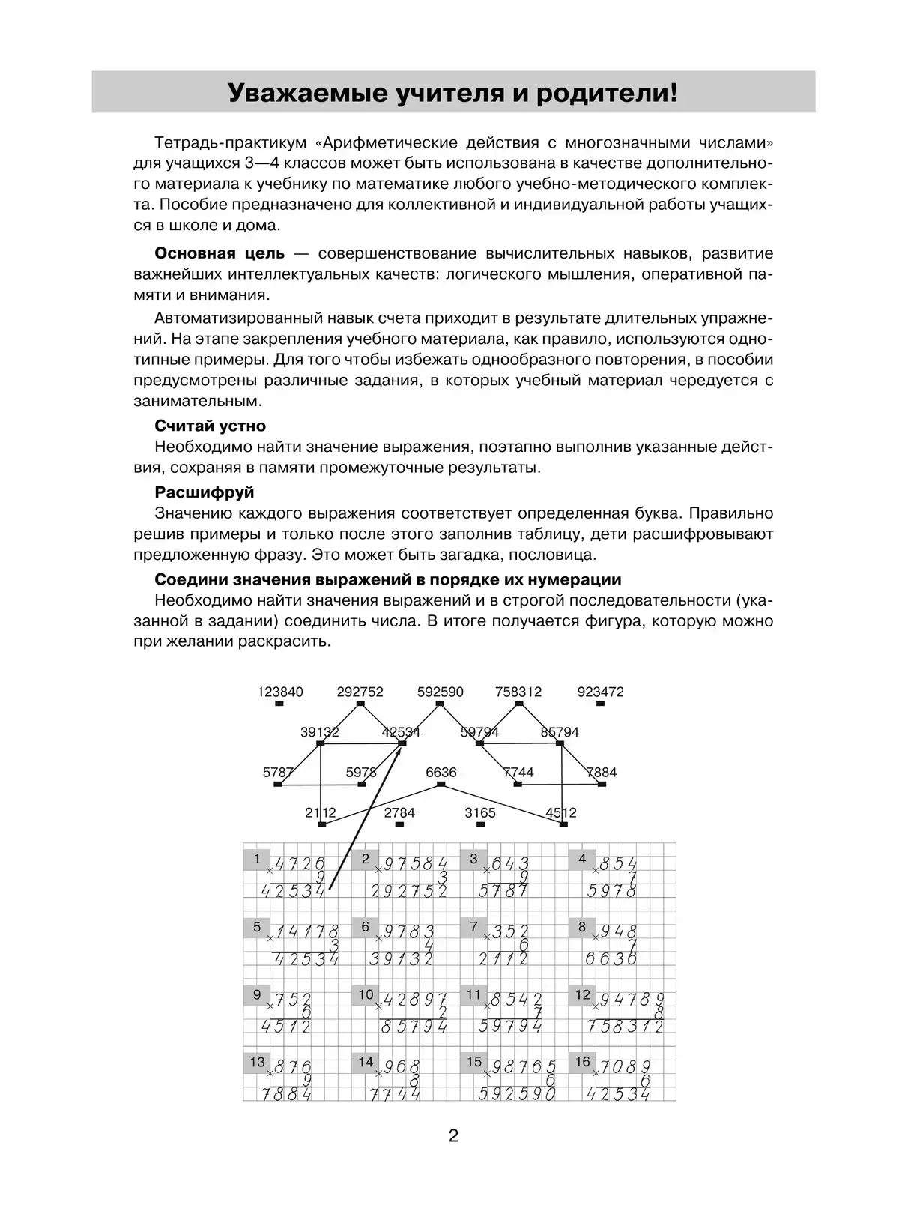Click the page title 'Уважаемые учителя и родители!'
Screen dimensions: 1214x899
[x=452, y=93]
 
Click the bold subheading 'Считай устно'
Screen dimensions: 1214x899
[x=210, y=426]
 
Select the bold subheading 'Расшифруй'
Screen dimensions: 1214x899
[x=204, y=492]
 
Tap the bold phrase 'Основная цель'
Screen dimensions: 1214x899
[x=220, y=253]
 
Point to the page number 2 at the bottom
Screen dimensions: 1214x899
[x=453, y=1135]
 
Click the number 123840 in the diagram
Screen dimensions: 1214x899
[x=280, y=692]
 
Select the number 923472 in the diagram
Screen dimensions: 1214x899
[x=600, y=692]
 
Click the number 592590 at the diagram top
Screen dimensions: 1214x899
[x=441, y=692]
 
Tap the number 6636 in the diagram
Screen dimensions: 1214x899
[x=441, y=773]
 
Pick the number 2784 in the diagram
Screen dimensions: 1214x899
[x=399, y=812]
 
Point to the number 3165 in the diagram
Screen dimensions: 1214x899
[x=480, y=812]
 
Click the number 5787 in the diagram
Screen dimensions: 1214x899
[x=278, y=773]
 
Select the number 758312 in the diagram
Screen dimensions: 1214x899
[x=518, y=692]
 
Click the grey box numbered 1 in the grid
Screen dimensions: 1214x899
[x=257, y=859]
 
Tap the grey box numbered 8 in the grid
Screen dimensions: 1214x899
[x=582, y=927]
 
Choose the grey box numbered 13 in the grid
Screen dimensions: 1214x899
[x=258, y=1062]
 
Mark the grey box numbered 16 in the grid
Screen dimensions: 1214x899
[x=583, y=1062]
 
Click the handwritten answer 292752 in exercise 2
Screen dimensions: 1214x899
[x=409, y=891]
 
